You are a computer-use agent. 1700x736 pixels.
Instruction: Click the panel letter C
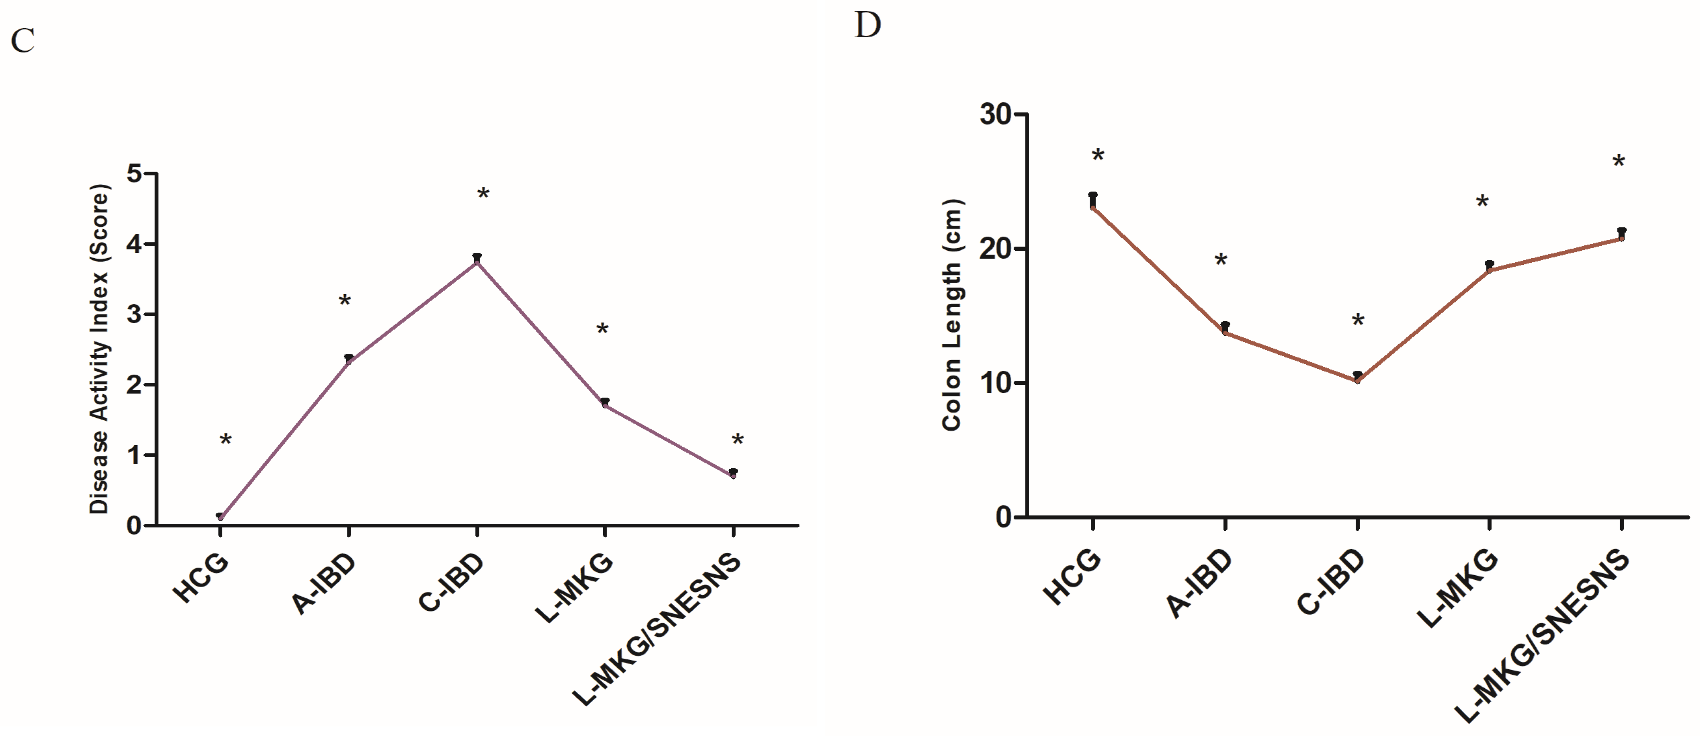point(22,41)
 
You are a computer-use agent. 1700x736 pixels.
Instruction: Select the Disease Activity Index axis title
point(99,349)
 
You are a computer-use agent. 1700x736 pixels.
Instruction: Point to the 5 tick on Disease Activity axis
point(135,174)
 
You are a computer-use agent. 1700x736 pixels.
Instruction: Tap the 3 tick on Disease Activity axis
point(135,315)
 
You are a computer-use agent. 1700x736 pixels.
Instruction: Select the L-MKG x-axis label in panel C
point(574,588)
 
